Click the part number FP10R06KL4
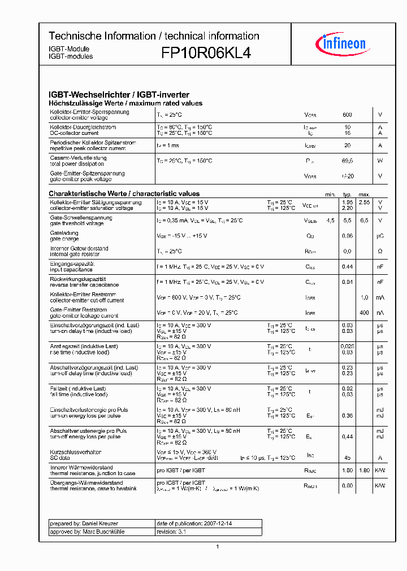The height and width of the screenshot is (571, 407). click(206, 53)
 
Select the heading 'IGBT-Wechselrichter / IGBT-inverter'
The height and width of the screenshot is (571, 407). click(119, 95)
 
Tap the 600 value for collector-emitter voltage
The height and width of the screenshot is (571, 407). click(347, 115)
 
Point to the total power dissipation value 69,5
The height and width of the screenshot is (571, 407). click(348, 161)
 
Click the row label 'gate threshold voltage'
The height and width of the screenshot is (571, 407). click(77, 223)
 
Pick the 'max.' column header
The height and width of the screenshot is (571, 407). click(364, 194)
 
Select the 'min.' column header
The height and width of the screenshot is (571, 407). click(330, 194)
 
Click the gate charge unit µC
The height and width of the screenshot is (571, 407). click(380, 236)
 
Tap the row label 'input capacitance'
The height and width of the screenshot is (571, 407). click(71, 270)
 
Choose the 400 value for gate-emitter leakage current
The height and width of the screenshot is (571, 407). click(364, 313)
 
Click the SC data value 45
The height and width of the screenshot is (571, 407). click(347, 458)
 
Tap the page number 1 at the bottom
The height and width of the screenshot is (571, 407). click(217, 546)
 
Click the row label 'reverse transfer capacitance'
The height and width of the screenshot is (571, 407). click(84, 285)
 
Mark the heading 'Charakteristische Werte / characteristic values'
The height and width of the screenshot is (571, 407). click(124, 194)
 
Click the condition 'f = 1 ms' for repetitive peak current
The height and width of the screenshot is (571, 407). click(168, 146)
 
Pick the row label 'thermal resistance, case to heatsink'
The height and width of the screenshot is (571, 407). click(92, 489)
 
